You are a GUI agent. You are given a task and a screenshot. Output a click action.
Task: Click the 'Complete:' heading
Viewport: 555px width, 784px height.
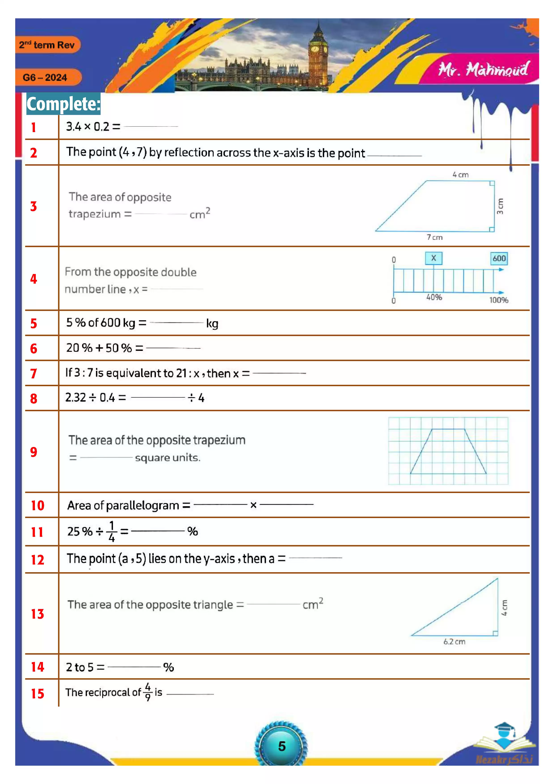(x=64, y=104)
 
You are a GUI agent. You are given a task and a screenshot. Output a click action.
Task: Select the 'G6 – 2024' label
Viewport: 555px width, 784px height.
(x=45, y=78)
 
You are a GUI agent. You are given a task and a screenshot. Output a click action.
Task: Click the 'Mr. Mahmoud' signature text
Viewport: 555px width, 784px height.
(x=483, y=70)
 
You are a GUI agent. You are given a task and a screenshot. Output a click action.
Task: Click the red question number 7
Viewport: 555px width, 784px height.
(x=34, y=373)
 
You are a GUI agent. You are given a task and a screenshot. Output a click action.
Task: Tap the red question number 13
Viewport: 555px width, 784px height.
(x=37, y=614)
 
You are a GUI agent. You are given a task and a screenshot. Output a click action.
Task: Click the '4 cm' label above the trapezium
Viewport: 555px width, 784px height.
(x=460, y=175)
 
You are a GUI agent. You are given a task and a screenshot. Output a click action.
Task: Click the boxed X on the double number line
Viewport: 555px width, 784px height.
(x=433, y=258)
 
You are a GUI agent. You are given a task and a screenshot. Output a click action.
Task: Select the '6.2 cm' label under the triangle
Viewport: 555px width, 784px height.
(x=454, y=642)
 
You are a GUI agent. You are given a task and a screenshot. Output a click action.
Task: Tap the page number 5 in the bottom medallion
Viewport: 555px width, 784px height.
(x=282, y=746)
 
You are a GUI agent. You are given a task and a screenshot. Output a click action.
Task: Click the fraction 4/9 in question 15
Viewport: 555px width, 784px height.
(x=148, y=692)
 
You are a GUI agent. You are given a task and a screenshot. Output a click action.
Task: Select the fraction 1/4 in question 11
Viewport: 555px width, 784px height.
(x=111, y=531)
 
